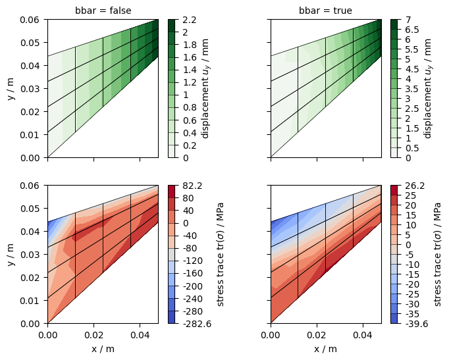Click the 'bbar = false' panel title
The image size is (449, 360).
click(x=103, y=11)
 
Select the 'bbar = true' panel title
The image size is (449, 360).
click(x=325, y=11)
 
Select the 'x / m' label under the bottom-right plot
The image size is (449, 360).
click(x=325, y=349)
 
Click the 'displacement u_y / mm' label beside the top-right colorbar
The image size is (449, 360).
click(x=428, y=89)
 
